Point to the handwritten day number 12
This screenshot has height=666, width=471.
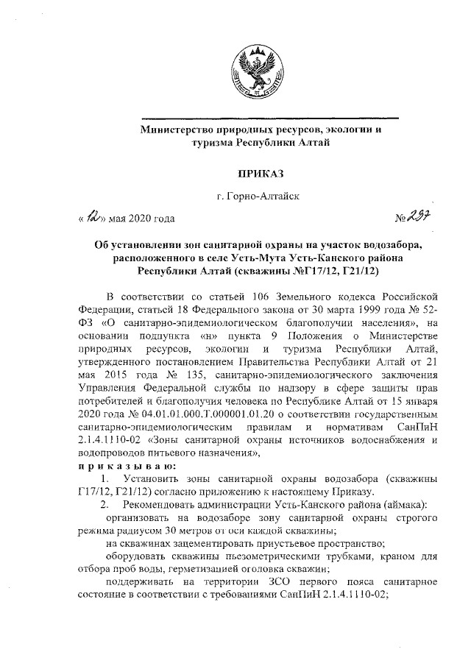pos(93,216)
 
